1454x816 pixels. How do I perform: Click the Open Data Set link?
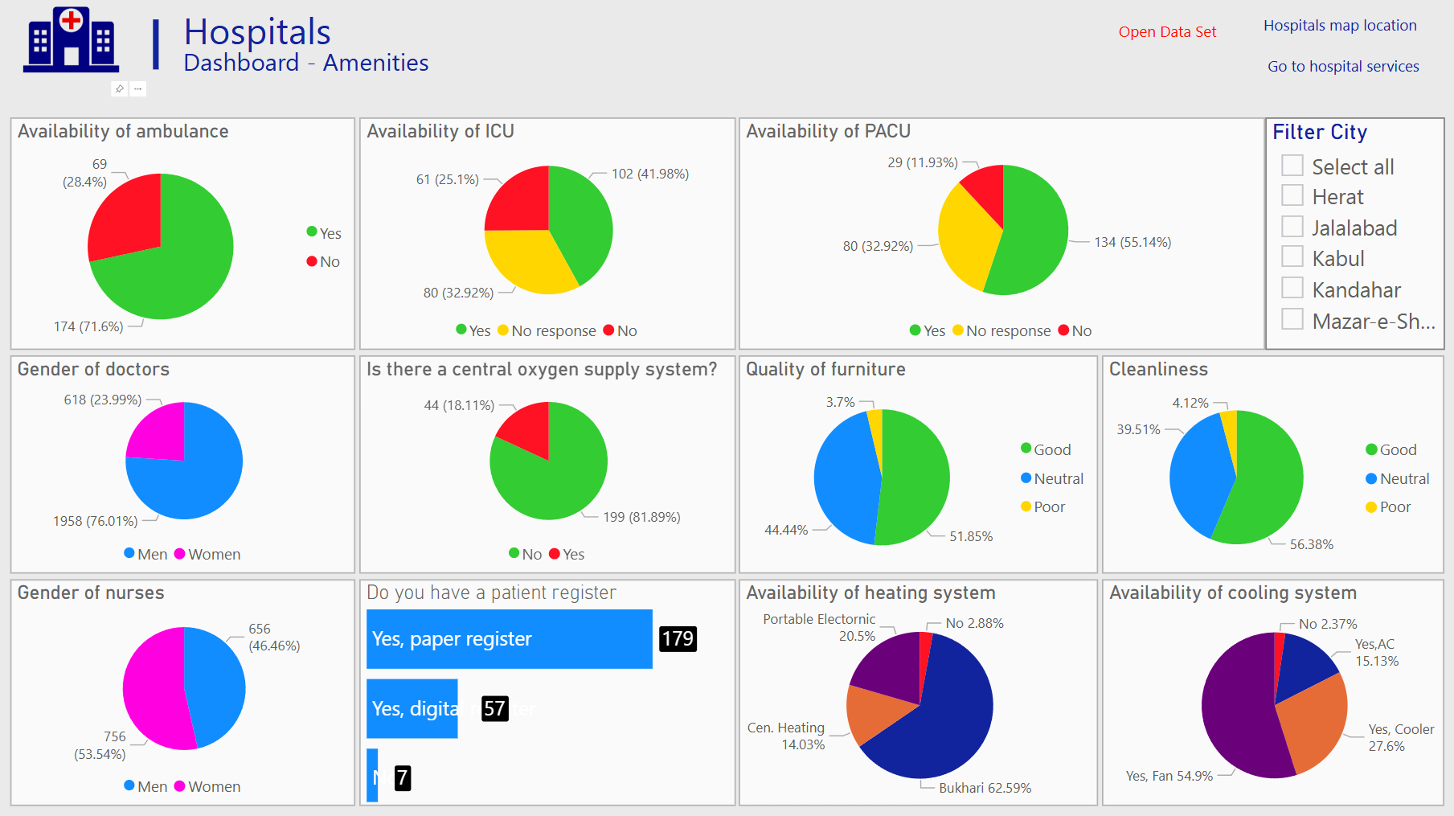(x=1167, y=32)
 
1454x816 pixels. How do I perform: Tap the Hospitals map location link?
(x=1340, y=26)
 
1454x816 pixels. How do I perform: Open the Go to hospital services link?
(x=1343, y=67)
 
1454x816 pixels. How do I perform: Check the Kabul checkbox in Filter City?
(x=1292, y=257)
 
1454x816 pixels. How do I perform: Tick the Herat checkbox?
(x=1292, y=195)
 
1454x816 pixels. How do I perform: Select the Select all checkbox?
(x=1292, y=166)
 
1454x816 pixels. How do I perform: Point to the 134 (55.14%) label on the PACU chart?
(x=1132, y=242)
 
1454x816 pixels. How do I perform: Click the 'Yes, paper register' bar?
(x=509, y=639)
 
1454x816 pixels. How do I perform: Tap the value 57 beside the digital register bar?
(x=494, y=708)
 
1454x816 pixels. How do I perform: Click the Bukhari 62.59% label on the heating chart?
(x=985, y=788)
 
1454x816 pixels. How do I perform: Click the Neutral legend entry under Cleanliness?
(x=1398, y=479)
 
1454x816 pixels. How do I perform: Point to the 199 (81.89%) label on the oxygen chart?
(x=641, y=517)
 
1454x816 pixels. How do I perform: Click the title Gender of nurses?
(x=91, y=593)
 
